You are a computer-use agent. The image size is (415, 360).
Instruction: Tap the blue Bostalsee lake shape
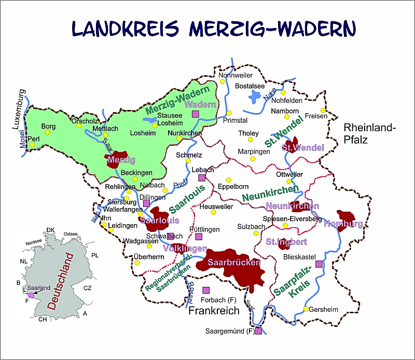(255, 96)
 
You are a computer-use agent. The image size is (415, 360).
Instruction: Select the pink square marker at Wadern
(196, 114)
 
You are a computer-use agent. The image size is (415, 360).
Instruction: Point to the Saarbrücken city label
(233, 262)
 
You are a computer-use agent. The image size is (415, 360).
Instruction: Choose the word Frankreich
(214, 311)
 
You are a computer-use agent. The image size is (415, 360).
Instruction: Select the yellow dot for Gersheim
(306, 309)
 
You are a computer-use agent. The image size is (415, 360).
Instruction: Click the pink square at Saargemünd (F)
(258, 330)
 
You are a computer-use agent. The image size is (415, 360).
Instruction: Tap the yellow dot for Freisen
(323, 110)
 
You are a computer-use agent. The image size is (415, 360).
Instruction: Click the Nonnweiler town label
(231, 75)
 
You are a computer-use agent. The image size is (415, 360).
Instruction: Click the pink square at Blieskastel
(319, 264)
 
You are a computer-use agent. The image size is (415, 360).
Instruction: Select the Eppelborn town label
(233, 186)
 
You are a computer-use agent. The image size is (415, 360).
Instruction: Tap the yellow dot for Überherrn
(137, 262)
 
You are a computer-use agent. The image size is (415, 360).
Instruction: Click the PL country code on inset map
(94, 256)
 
